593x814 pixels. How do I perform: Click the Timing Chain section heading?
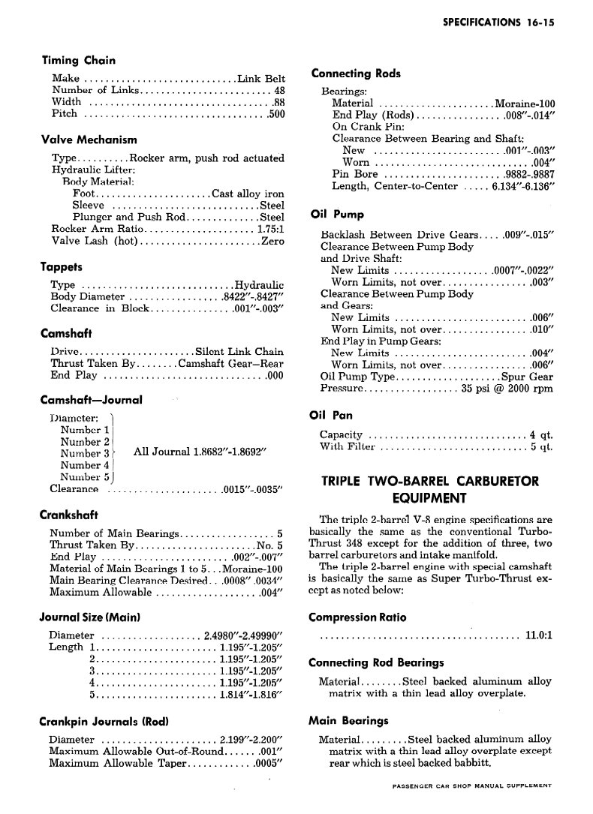[x=78, y=61]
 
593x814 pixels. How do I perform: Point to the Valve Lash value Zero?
[x=272, y=241]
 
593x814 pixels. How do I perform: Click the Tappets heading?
[x=61, y=267]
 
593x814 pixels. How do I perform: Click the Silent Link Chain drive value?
[x=239, y=351]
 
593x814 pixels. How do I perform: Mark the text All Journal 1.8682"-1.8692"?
[x=200, y=452]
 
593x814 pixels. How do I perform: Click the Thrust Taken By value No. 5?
[x=269, y=545]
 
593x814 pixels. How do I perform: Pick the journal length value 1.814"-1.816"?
[x=248, y=695]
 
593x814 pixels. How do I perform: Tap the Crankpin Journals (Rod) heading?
[x=103, y=722]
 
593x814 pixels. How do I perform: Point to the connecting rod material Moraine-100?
[x=525, y=104]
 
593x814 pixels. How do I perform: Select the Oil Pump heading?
[x=337, y=214]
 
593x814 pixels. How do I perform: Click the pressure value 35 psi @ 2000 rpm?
[x=507, y=389]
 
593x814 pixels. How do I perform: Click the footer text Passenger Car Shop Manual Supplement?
[x=471, y=785]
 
